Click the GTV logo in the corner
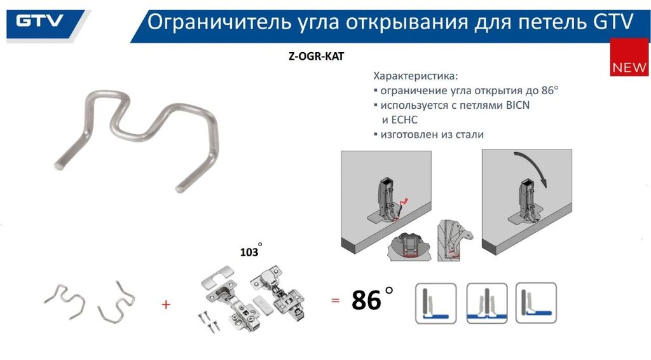coord(39,21)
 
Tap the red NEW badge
coord(629,57)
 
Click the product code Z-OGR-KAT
coord(317,56)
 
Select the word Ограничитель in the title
coord(219,22)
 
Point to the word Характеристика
coord(415,76)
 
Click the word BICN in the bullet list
coord(517,105)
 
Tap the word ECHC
coord(404,120)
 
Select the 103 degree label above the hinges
coord(250,251)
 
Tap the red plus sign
coord(166,305)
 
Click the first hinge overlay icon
coord(436,303)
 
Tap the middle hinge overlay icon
coord(487,303)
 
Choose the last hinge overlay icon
coord(536,303)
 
